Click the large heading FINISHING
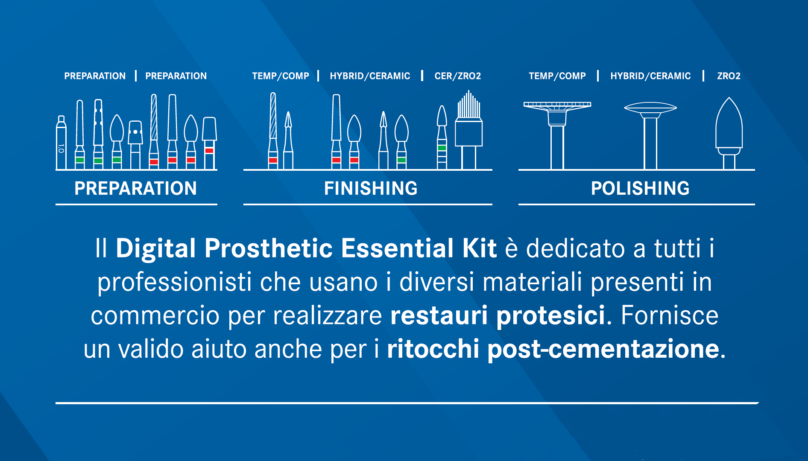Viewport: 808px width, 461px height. (x=371, y=188)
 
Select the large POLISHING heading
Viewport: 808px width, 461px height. (x=640, y=188)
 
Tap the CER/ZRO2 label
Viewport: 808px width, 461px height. (x=458, y=76)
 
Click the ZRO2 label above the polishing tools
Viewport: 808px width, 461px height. (x=729, y=76)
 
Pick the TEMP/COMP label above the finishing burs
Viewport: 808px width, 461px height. (x=281, y=76)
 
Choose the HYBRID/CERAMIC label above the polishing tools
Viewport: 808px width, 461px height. (x=650, y=76)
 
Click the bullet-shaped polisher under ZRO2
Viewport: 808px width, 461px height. (x=729, y=133)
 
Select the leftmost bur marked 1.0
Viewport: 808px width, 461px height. (x=61, y=143)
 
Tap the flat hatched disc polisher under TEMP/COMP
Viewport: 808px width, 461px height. (x=557, y=135)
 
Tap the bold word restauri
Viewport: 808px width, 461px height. (x=439, y=316)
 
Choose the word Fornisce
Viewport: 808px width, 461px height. (x=669, y=316)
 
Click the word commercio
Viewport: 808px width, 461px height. (x=155, y=316)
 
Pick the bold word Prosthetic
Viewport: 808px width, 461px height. (x=269, y=248)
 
